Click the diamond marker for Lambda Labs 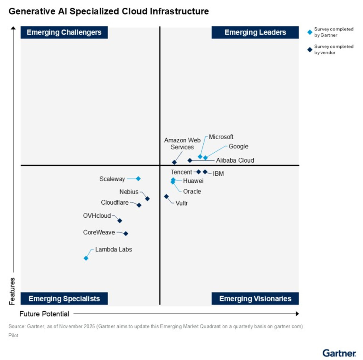pos(86,258)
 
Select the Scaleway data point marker pos(138,179)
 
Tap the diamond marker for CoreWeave pos(126,233)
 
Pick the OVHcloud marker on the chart pos(120,221)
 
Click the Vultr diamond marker pos(166,196)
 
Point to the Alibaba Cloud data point pos(190,161)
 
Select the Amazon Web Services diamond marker pos(174,162)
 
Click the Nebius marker pos(147,199)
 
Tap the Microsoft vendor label pos(221,137)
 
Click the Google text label pos(238,146)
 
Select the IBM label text pos(218,174)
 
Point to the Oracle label pos(192,191)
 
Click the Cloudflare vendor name pos(115,202)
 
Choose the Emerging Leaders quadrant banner pos(255,32)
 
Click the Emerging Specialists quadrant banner pos(64,299)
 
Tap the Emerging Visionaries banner pos(255,299)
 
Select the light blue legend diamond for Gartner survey pos(310,32)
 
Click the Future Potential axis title pos(44,314)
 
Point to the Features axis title pos(12,291)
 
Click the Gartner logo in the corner pos(339,353)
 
